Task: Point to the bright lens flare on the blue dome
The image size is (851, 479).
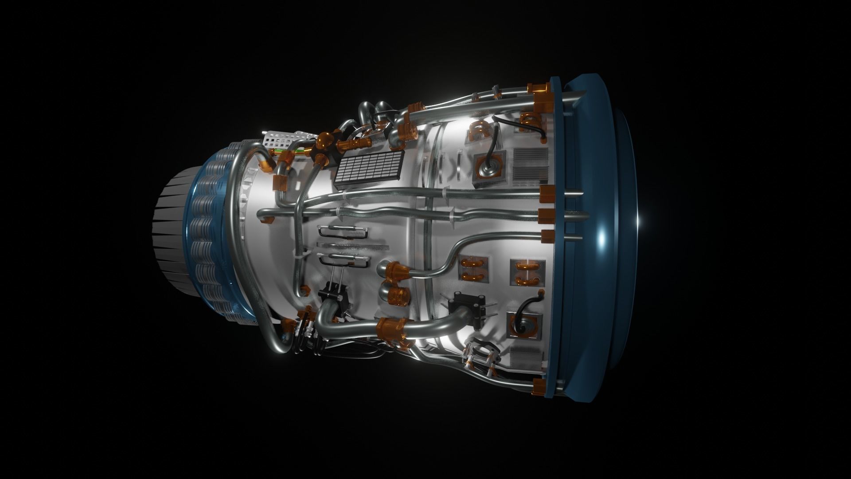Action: tap(601, 238)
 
